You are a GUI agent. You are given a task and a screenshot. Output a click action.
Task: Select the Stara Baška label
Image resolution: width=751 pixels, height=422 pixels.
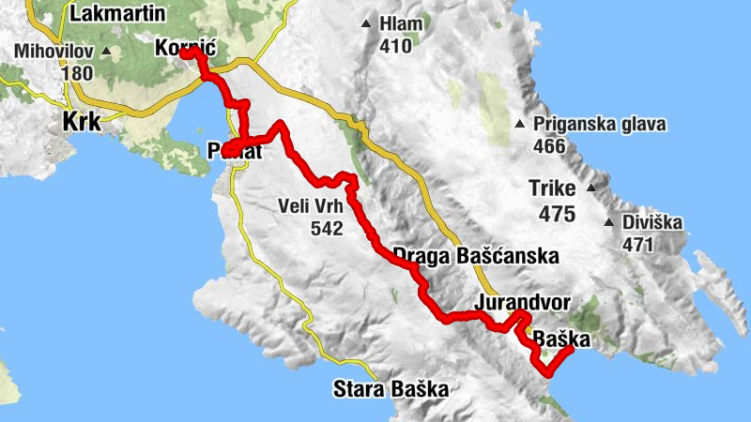point(391,387)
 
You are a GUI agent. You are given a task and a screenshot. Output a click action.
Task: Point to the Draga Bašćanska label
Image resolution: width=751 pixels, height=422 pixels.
point(476,255)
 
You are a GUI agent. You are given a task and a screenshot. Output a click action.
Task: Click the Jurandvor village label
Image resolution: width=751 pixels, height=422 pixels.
point(523,303)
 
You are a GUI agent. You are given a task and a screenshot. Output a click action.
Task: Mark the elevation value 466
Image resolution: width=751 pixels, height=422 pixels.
point(549,146)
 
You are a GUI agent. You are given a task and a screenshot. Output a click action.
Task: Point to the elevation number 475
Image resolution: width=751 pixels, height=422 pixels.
point(557,214)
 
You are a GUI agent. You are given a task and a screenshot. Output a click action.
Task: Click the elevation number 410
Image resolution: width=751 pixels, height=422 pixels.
point(396,45)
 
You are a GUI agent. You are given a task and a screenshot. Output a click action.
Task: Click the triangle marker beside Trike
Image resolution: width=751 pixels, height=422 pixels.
point(591,188)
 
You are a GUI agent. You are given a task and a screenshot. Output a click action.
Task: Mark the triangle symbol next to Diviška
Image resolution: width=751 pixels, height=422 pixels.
point(608,223)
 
